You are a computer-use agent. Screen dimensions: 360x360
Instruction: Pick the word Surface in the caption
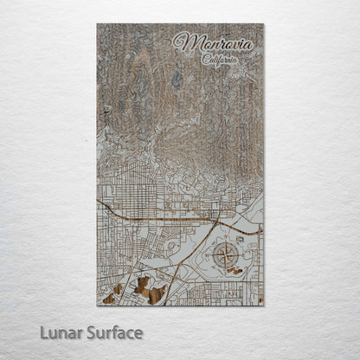pyautogui.click(x=112, y=331)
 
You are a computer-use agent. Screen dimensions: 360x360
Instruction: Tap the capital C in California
pyautogui.click(x=205, y=60)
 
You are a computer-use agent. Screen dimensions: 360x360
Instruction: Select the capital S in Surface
pyautogui.click(x=89, y=331)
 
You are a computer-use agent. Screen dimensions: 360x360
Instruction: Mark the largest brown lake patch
pyautogui.click(x=153, y=294)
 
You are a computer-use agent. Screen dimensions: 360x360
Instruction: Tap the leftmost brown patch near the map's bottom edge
pyautogui.click(x=108, y=299)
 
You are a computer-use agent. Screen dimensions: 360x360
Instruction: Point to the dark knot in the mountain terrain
pyautogui.click(x=177, y=80)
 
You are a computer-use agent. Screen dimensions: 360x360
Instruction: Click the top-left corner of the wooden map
pyautogui.click(x=97, y=24)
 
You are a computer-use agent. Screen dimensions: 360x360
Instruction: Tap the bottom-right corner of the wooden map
pyautogui.click(x=263, y=305)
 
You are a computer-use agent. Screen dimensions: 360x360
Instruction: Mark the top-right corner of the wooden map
pyautogui.click(x=263, y=24)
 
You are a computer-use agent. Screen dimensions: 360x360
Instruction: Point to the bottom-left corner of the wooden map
pyautogui.click(x=97, y=305)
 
